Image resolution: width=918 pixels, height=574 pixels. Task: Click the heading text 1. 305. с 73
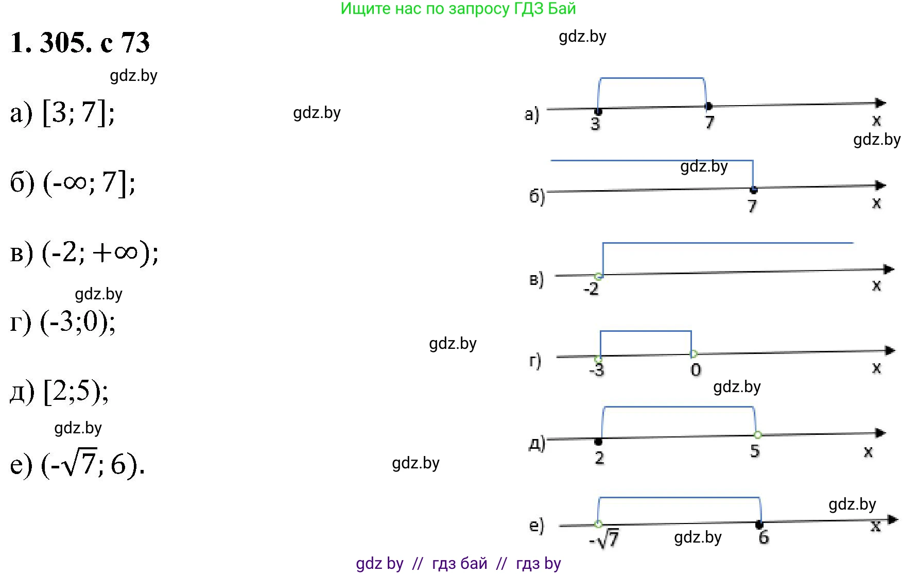[x=80, y=43]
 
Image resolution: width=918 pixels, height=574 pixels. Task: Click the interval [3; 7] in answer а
[x=78, y=112]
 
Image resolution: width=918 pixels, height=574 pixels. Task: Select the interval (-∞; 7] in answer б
[x=89, y=182]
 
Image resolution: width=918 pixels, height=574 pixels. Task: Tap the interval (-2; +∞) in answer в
[x=100, y=252]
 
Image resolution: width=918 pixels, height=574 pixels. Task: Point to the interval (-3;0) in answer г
[x=78, y=323]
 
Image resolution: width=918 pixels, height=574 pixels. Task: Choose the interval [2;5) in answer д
[x=76, y=392]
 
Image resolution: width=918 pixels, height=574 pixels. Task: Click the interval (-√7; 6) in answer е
[x=93, y=465]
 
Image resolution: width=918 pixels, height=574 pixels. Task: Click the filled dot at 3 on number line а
[x=598, y=111]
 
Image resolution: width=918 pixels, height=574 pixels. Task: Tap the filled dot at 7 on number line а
[x=708, y=107]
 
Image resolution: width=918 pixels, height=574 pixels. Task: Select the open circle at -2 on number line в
[x=598, y=277]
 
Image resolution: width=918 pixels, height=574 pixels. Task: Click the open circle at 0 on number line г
[x=693, y=354]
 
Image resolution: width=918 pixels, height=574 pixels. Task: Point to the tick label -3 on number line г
[x=596, y=369]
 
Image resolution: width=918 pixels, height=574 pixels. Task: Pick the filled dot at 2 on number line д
[x=598, y=442]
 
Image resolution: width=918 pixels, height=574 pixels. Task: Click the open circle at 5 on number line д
[x=757, y=435]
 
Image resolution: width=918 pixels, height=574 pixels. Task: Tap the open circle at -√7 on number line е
[x=598, y=524]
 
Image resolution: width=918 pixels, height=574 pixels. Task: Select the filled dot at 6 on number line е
[x=759, y=525]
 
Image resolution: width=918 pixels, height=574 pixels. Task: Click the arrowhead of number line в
[x=889, y=269]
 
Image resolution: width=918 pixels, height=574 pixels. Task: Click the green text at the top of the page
[x=458, y=9]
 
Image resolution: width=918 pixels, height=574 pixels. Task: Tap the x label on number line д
[x=868, y=452]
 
